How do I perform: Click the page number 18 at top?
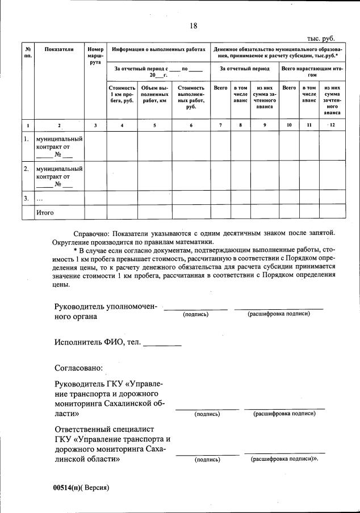(x=193, y=26)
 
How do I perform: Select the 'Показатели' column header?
(x=59, y=50)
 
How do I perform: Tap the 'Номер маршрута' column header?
(x=95, y=56)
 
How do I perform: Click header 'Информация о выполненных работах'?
(x=158, y=50)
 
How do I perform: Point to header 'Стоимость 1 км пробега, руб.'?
(x=122, y=94)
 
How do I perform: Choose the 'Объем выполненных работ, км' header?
(x=154, y=94)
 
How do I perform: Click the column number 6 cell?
(x=191, y=124)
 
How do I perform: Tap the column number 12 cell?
(x=332, y=124)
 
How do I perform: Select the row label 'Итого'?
(x=45, y=212)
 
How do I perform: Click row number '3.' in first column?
(x=26, y=198)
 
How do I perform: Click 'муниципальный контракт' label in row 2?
(x=59, y=176)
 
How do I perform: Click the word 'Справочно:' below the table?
(x=92, y=233)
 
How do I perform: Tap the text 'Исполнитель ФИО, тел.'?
(x=98, y=342)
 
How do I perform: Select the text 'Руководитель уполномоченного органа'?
(x=105, y=312)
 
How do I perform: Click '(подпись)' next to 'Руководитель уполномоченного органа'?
(x=195, y=314)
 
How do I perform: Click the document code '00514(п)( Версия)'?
(x=80, y=487)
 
